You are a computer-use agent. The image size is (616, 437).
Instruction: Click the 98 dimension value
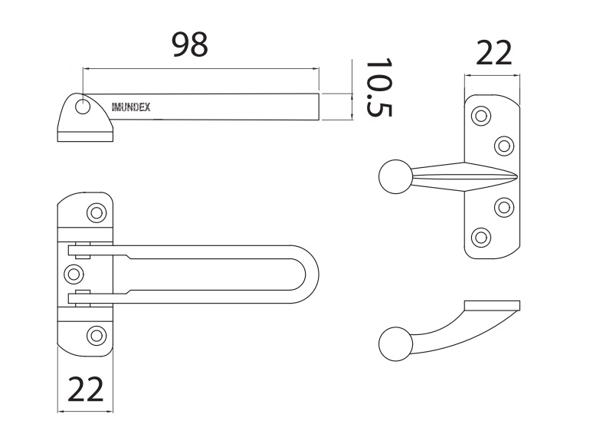pos(189,44)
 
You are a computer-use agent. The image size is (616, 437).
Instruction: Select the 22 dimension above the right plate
pos(493,54)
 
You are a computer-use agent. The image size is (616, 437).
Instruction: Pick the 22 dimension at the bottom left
pos(86,390)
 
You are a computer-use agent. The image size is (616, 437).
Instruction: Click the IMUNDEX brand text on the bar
pos(131,107)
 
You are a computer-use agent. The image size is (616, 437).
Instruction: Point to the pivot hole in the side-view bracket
pos(83,107)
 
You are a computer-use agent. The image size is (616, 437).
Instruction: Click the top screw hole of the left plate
pos(96,212)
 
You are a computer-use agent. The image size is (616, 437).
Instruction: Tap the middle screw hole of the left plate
pos(74,272)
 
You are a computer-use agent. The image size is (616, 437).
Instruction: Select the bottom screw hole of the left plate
pos(96,334)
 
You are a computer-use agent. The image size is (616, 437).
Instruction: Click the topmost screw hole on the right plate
pos(481,117)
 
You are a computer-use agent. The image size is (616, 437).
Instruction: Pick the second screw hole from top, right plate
pos(503,145)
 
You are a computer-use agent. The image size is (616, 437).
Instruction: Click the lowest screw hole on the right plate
pos(481,236)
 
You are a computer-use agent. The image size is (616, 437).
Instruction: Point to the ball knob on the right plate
pos(396,177)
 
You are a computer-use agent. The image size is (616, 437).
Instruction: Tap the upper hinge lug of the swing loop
pos(80,250)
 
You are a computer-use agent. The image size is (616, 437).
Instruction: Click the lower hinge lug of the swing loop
pos(80,296)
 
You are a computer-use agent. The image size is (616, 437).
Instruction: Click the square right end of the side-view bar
pos(313,107)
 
